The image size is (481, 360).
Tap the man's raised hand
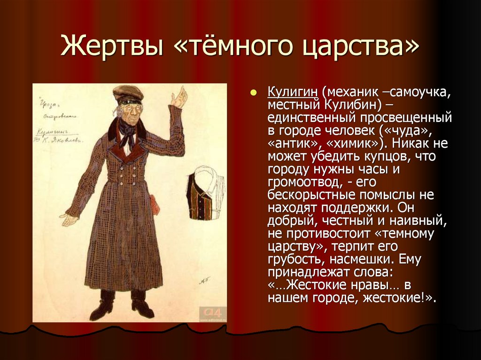179,97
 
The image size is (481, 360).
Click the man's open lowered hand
69,219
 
